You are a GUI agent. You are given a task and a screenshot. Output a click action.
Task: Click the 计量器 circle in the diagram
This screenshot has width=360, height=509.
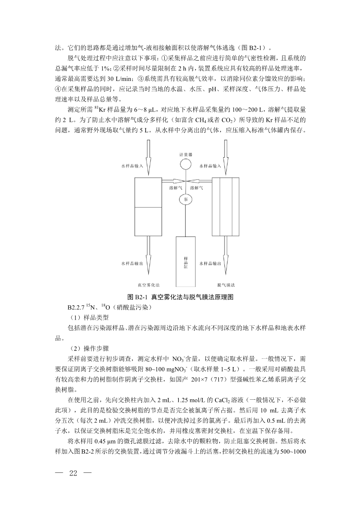point(186,165)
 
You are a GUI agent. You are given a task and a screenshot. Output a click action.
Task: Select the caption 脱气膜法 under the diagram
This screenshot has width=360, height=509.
point(227,285)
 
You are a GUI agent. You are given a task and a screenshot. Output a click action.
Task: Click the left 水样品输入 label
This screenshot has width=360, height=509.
point(132,166)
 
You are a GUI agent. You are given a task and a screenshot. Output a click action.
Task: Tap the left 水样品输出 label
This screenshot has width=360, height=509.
point(132,263)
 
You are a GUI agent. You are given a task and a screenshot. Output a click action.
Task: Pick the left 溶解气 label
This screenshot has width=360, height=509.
point(176,188)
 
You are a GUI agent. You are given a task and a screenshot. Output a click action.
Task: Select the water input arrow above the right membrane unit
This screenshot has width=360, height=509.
point(226,157)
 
